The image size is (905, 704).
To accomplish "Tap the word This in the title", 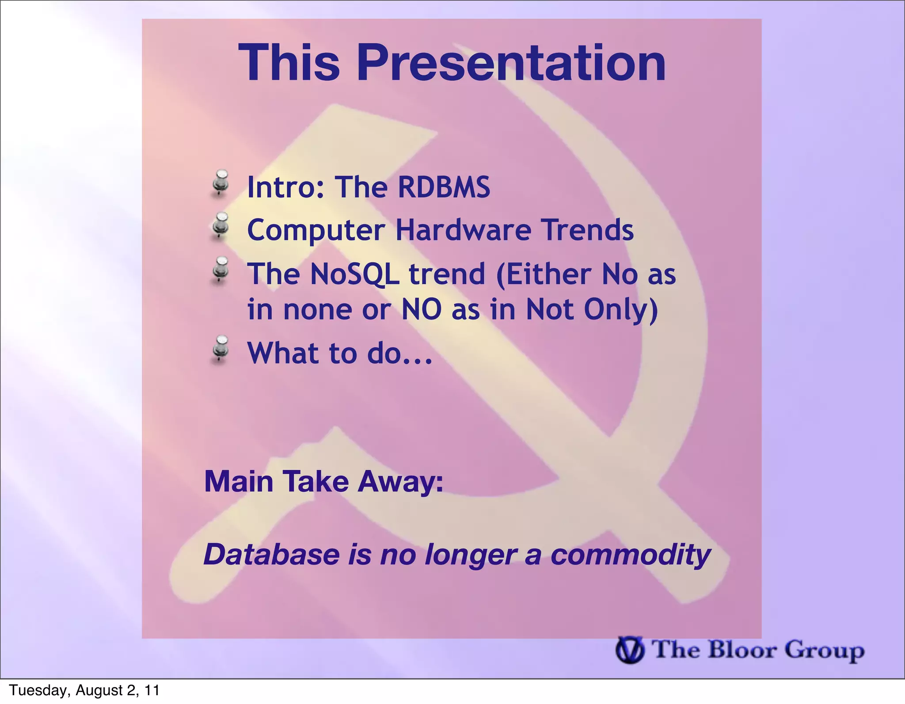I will tap(289, 63).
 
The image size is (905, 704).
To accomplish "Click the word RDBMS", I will tap(444, 187).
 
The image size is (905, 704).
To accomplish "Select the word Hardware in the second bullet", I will tap(463, 230).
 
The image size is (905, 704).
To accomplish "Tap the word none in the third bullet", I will tap(318, 310).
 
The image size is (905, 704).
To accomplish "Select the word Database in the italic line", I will tap(271, 555).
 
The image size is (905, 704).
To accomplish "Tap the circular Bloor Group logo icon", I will tap(630, 651).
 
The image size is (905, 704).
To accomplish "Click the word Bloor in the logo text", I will tap(742, 650).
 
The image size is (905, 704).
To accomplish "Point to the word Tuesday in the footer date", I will tap(37, 690).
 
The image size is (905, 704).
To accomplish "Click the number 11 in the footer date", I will tap(152, 690).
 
